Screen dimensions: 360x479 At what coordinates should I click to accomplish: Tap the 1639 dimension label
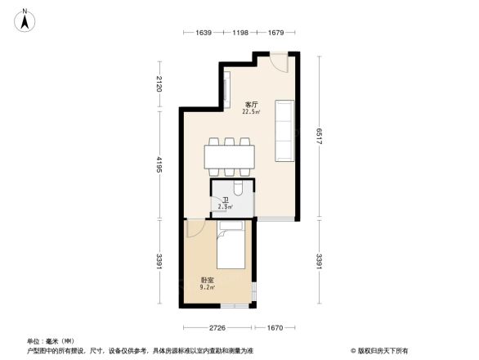click(204, 33)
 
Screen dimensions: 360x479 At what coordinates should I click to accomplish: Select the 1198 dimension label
click(239, 33)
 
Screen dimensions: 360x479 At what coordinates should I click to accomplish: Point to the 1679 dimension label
click(275, 33)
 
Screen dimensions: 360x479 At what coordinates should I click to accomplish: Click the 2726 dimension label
click(216, 327)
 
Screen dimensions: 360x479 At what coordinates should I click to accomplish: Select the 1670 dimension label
click(273, 327)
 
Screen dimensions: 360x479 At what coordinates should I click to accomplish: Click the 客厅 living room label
click(251, 105)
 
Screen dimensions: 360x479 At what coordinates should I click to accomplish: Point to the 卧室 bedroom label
click(208, 281)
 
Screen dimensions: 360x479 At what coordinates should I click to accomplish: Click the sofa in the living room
click(284, 130)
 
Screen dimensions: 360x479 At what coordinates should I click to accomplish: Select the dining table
click(229, 157)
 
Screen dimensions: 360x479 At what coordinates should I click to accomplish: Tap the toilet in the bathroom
click(239, 189)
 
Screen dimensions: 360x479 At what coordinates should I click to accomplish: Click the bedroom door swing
click(196, 229)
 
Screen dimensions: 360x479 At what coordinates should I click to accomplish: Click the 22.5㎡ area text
click(251, 113)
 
